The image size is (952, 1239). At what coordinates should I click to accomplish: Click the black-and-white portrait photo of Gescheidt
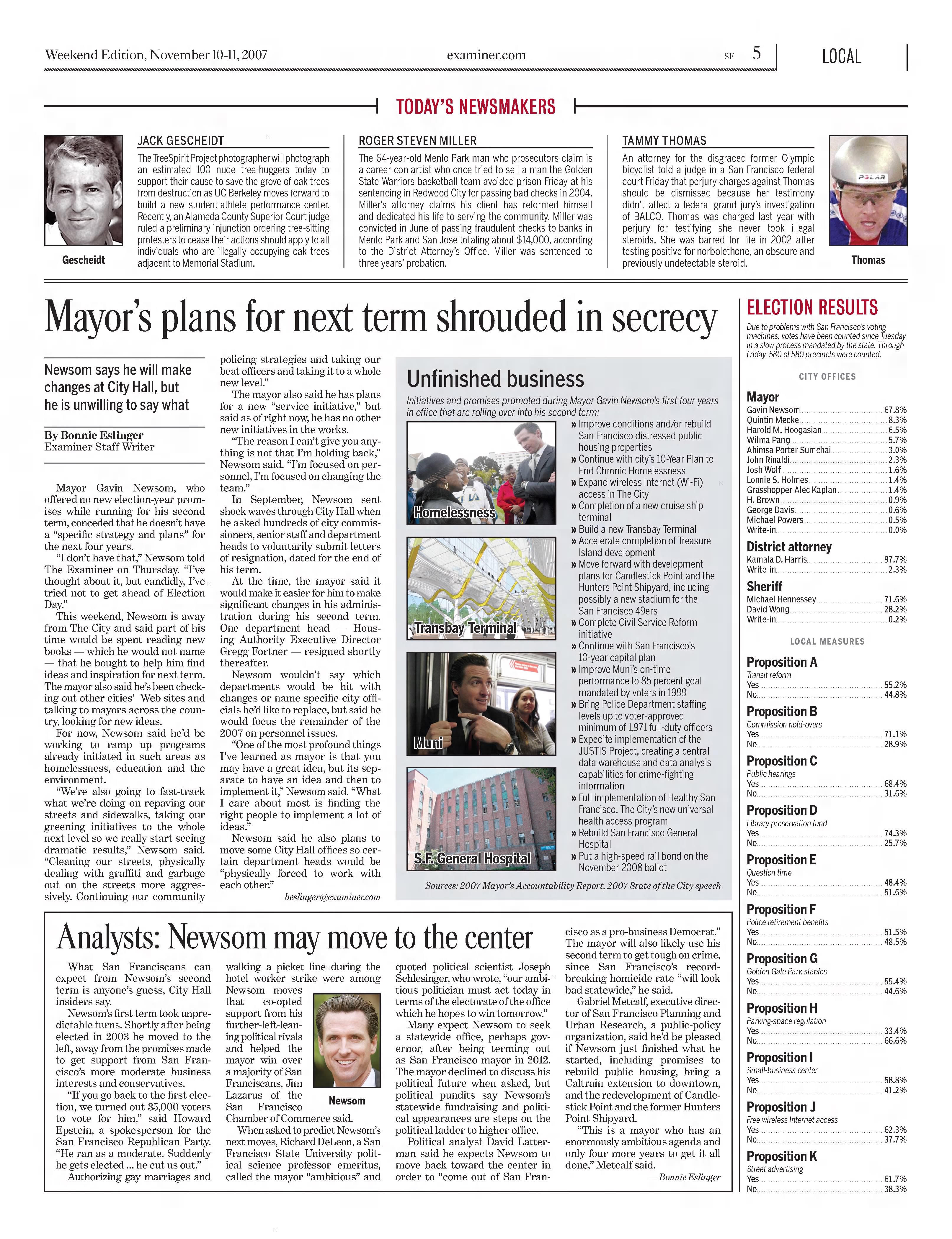pos(84,190)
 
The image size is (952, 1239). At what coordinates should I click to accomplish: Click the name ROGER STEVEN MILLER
pos(418,140)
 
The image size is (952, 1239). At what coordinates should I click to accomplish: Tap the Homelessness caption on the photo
pos(455,512)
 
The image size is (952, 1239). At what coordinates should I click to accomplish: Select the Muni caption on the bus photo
pos(428,743)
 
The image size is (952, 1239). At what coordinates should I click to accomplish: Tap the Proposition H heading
pos(781,1008)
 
